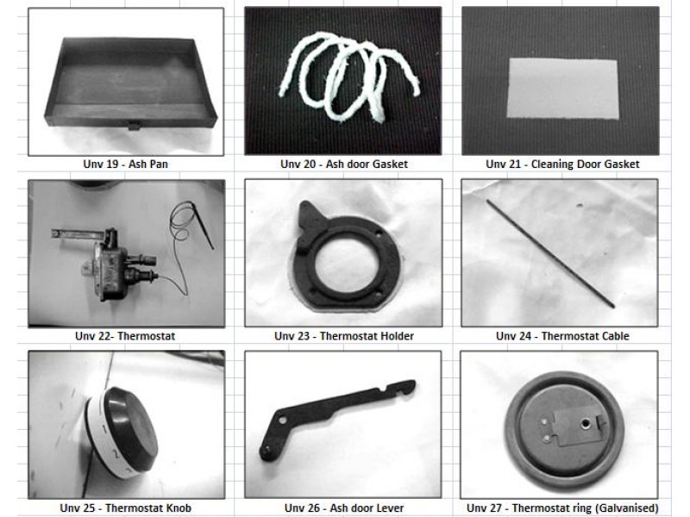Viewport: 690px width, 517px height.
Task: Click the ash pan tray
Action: tap(131, 84)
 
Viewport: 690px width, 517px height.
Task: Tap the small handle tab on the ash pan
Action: tap(134, 126)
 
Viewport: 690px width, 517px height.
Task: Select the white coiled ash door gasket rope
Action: tap(348, 77)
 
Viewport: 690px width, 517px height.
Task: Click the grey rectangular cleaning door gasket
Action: tap(563, 89)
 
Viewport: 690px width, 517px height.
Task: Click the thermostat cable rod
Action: tap(550, 253)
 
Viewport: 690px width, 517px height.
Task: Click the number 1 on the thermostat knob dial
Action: tap(104, 427)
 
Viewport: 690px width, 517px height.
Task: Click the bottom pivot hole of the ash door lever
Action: tap(267, 451)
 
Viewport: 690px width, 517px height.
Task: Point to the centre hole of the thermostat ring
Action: tap(586, 423)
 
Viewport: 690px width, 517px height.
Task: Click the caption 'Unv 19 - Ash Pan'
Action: tap(125, 164)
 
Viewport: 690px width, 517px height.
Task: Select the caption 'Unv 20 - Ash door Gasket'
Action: tap(343, 164)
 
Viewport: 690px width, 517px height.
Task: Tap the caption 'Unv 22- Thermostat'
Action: tap(125, 336)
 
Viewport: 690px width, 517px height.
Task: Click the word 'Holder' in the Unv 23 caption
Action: tap(396, 336)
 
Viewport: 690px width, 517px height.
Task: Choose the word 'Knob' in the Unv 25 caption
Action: tap(179, 508)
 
